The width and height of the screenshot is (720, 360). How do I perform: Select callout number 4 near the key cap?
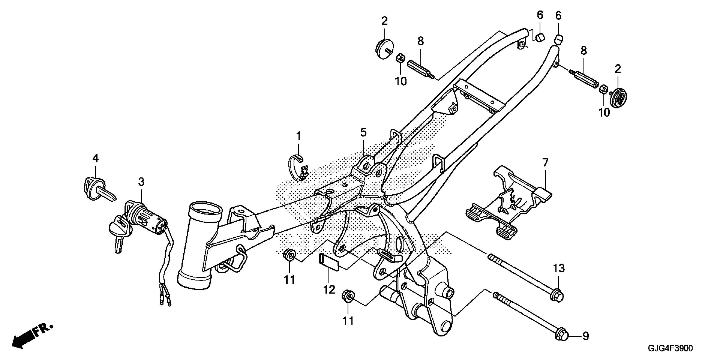[x=96, y=159]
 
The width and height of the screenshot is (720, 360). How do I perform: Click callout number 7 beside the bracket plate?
[x=545, y=163]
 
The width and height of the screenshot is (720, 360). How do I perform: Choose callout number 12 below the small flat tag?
[x=329, y=289]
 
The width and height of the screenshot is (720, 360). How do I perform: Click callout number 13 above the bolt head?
[x=558, y=268]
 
